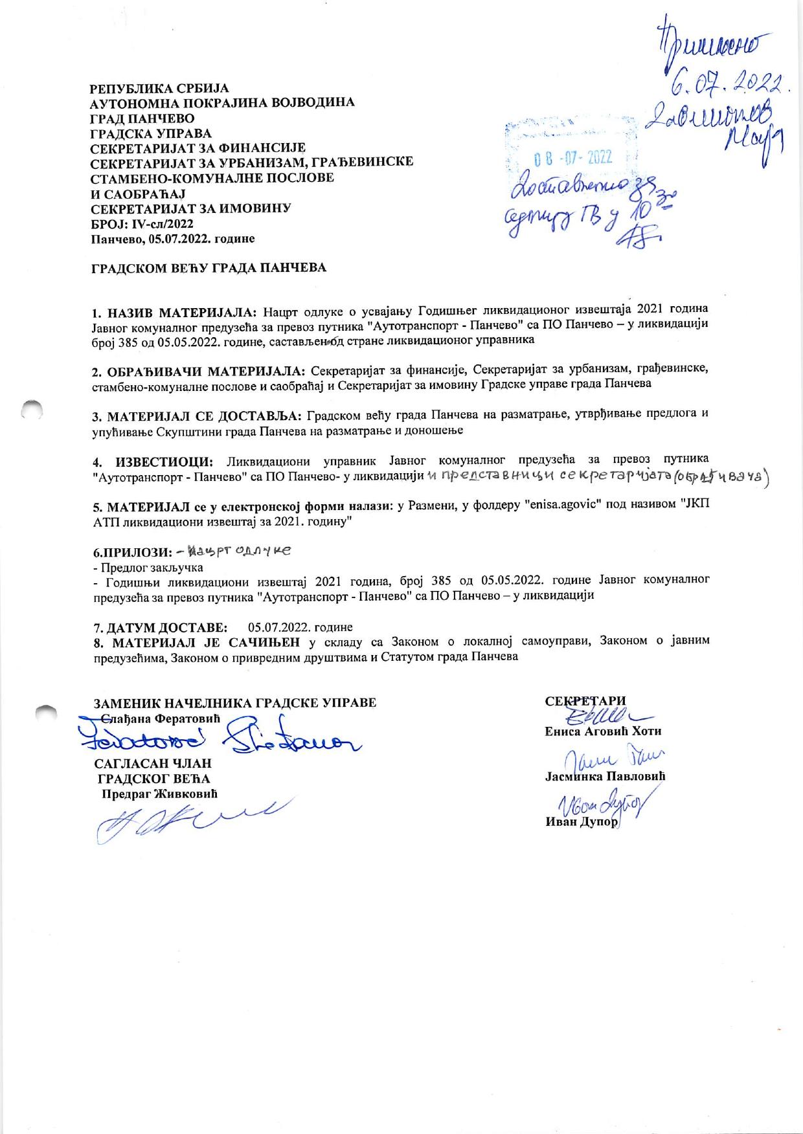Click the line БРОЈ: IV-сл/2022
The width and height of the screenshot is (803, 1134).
pyautogui.click(x=141, y=223)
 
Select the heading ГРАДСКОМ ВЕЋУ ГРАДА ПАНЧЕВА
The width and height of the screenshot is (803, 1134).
pyautogui.click(x=208, y=267)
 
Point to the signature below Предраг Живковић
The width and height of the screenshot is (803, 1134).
pyautogui.click(x=188, y=821)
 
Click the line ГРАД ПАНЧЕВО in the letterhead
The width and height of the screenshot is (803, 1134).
pyautogui.click(x=142, y=118)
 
